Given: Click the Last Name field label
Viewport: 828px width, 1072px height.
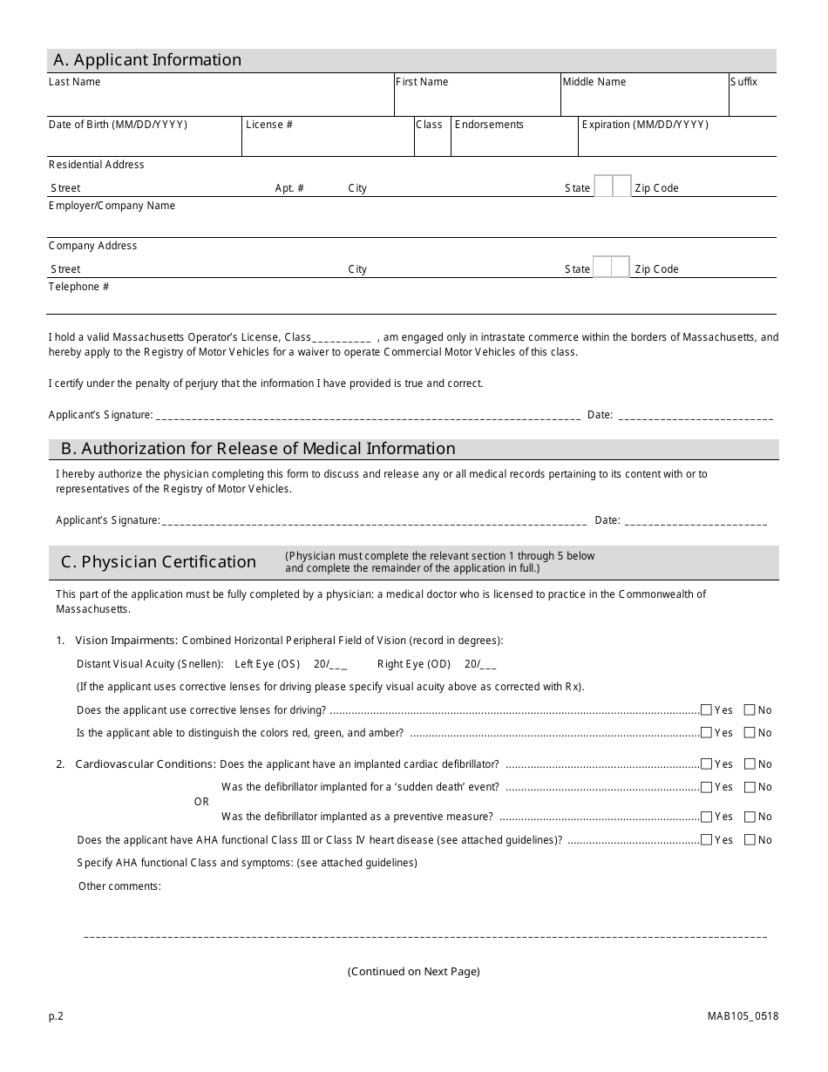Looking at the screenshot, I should [x=74, y=82].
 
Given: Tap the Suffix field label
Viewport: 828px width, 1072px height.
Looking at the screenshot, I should [x=743, y=82].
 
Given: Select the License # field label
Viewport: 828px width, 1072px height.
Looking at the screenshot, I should [x=269, y=125].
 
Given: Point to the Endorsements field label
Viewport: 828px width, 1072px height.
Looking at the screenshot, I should [x=489, y=125].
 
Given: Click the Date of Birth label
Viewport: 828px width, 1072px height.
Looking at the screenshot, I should [x=118, y=125].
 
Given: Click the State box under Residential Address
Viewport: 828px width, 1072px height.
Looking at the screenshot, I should [x=613, y=187].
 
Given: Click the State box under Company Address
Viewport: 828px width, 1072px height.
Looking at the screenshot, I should [x=611, y=268].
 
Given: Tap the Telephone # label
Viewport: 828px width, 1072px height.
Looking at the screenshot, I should [x=78, y=287].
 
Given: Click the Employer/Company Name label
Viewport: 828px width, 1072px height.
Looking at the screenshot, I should [x=112, y=206].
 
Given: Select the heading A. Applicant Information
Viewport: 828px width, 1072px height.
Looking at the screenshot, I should [x=147, y=60].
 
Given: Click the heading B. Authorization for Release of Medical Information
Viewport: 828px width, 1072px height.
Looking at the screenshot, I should [x=258, y=449].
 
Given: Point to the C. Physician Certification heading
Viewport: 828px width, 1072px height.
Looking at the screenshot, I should [x=159, y=562].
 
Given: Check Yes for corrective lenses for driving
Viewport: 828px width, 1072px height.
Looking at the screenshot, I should [x=706, y=710].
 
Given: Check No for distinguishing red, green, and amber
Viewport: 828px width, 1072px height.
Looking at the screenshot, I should [x=750, y=733].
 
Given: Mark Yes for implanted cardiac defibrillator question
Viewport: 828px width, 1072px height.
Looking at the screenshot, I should [x=706, y=764].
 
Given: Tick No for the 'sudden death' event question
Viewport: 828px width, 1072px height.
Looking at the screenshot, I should [x=750, y=787].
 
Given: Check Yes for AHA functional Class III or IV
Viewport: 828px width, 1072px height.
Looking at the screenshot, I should [x=706, y=840].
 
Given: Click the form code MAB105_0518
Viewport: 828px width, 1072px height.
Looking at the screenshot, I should [x=743, y=1016].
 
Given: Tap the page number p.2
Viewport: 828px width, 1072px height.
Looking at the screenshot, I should [x=56, y=1016].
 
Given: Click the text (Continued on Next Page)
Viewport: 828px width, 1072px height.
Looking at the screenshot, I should [x=413, y=972].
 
